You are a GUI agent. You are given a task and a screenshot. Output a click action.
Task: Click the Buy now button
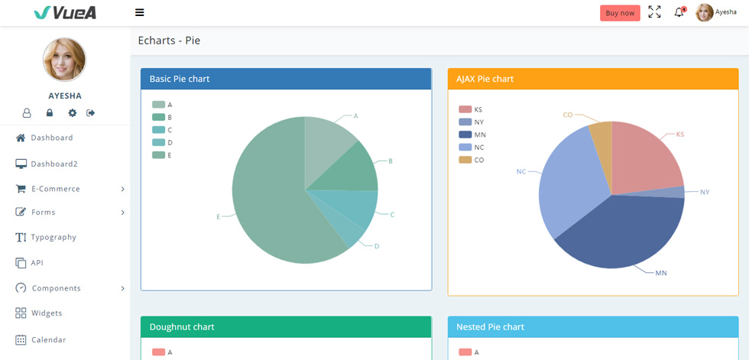[x=620, y=13]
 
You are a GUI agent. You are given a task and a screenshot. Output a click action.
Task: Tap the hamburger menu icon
[x=139, y=12]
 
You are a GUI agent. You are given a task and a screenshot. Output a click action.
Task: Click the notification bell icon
[x=679, y=12]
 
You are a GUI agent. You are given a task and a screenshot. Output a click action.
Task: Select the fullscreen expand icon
[x=654, y=12]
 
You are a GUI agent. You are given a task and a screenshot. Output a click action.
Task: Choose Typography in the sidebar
[x=46, y=237]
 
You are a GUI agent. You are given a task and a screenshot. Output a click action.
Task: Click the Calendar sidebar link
[x=41, y=340]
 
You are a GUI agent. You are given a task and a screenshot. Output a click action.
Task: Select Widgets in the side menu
[x=39, y=313]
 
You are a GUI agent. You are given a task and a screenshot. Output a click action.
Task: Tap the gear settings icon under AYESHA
[x=72, y=112]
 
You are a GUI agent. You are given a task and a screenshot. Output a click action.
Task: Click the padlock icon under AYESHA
[x=49, y=112]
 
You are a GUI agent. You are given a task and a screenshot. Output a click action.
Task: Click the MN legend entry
[x=472, y=135]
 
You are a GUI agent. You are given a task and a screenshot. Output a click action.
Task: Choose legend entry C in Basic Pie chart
[x=162, y=130]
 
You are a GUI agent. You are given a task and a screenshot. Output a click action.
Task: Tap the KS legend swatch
[x=465, y=109]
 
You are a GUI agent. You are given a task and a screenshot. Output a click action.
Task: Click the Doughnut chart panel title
[x=182, y=327]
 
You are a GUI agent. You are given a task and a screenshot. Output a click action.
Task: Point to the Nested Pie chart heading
[x=490, y=327]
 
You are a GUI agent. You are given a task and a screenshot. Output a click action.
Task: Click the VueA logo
[x=65, y=13]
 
